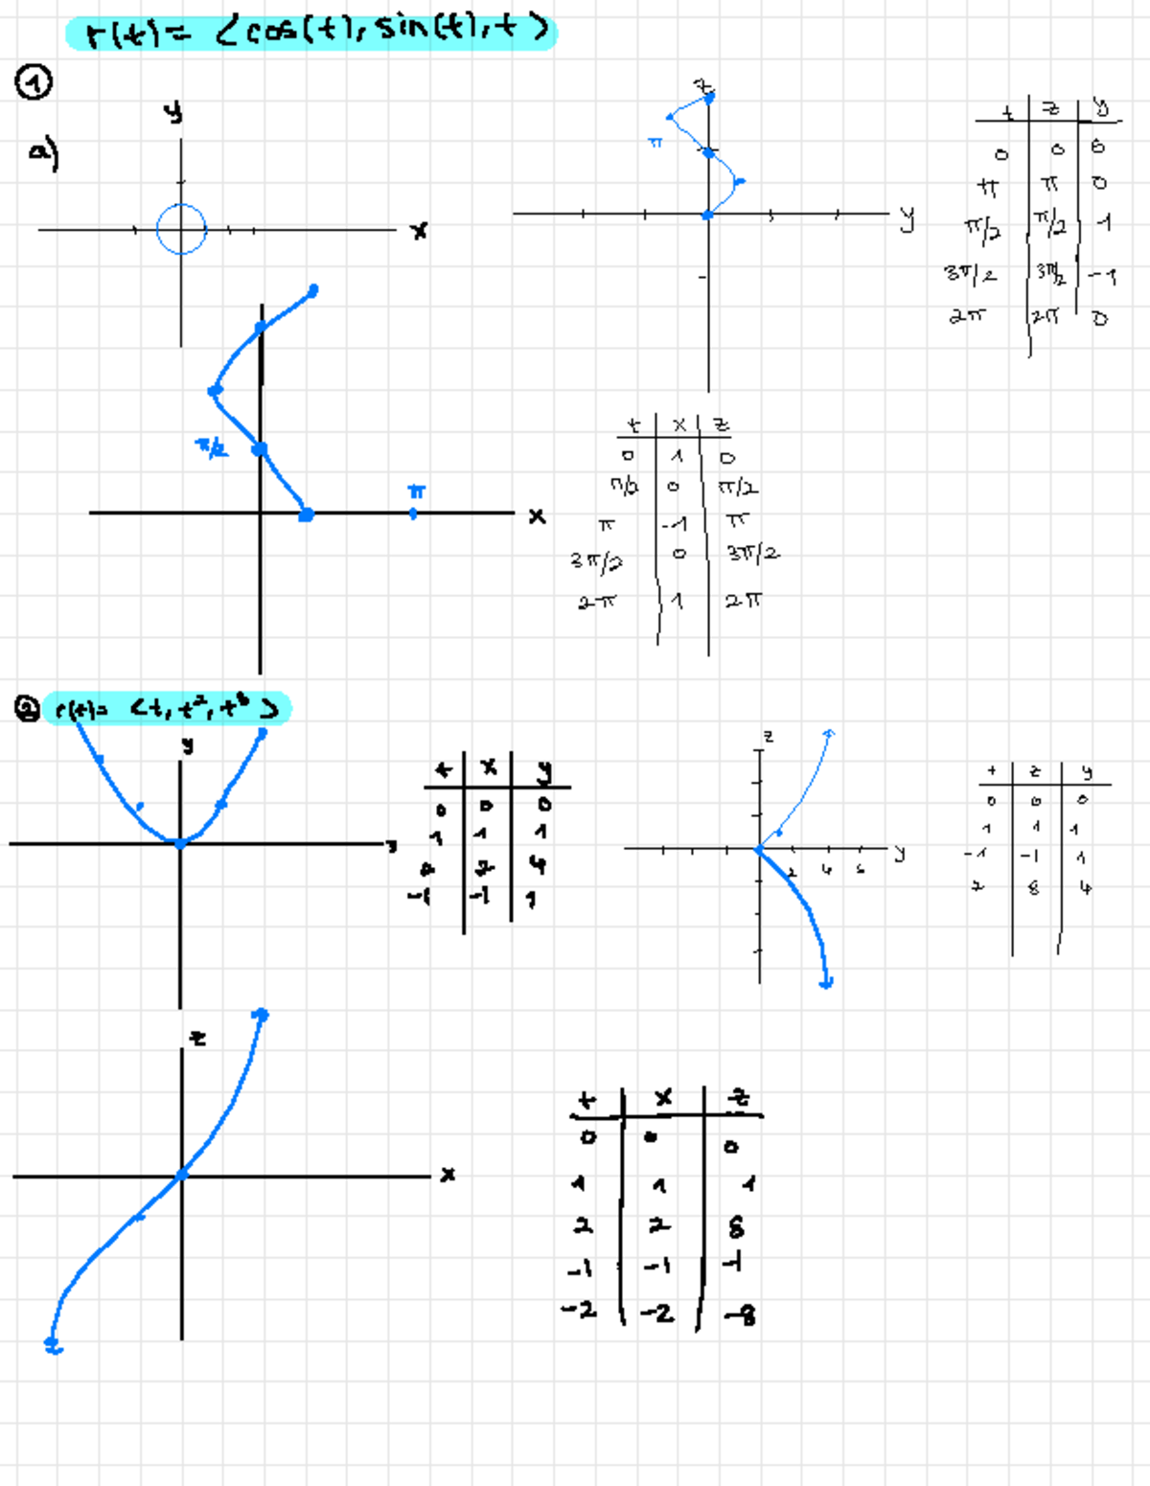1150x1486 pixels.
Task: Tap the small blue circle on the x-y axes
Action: tap(181, 229)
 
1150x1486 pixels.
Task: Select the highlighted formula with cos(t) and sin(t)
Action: tap(311, 33)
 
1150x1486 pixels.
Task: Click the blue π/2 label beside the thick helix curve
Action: tap(212, 446)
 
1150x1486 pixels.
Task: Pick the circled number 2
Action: tap(27, 709)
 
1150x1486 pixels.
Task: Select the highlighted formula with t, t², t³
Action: tap(167, 709)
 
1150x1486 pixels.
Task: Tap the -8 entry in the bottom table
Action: tap(741, 1315)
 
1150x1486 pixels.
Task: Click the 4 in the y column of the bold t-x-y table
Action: tap(539, 864)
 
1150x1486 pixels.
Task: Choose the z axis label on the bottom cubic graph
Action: tap(197, 1038)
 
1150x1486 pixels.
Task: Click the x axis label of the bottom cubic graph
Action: tap(448, 1174)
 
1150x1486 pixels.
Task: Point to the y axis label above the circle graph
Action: tap(172, 112)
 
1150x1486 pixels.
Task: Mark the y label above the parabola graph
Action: tap(188, 744)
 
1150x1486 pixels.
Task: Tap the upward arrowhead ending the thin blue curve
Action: tap(829, 733)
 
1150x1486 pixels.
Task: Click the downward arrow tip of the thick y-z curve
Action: tap(826, 982)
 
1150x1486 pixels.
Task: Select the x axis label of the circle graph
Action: tap(419, 231)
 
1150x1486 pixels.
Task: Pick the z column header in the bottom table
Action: tap(738, 1098)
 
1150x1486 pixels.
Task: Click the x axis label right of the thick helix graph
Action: tap(537, 515)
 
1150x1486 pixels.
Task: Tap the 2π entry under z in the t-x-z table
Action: tap(744, 601)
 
